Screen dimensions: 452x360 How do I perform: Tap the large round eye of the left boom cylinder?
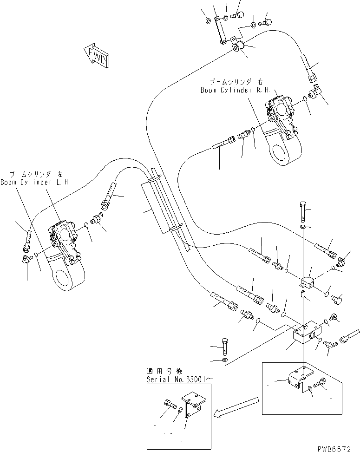pos(68,276)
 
